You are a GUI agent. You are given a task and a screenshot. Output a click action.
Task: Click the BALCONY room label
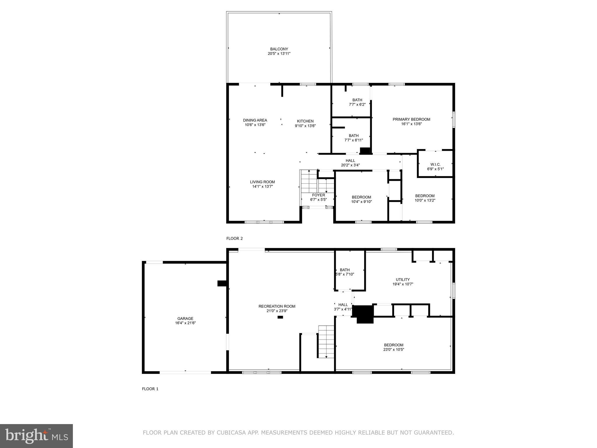279,49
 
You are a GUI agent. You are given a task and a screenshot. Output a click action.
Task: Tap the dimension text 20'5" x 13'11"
279,54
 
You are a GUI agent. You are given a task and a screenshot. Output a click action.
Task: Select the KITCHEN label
305,121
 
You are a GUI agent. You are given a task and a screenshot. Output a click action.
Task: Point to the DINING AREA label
255,120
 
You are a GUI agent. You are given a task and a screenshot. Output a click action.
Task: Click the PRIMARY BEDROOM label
411,119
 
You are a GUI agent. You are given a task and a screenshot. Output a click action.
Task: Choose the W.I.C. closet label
435,164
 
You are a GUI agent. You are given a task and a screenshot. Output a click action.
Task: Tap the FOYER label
318,195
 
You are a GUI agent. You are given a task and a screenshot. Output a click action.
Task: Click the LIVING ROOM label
262,182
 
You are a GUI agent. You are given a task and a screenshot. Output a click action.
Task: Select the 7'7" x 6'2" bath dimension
357,104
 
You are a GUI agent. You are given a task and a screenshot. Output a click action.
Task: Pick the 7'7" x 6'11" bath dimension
354,140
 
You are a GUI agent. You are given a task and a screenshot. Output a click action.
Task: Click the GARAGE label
185,318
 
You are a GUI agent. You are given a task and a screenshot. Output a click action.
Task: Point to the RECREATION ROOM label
277,306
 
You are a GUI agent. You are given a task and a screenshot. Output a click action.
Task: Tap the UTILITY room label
403,279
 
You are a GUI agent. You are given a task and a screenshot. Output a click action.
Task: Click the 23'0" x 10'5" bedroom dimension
394,349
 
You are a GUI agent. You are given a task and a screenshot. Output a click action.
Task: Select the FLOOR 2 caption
234,238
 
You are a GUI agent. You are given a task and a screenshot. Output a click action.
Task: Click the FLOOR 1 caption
150,389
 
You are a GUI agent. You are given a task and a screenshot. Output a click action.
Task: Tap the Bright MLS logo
36,436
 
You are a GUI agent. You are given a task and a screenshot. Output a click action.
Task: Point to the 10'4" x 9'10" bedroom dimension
361,202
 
